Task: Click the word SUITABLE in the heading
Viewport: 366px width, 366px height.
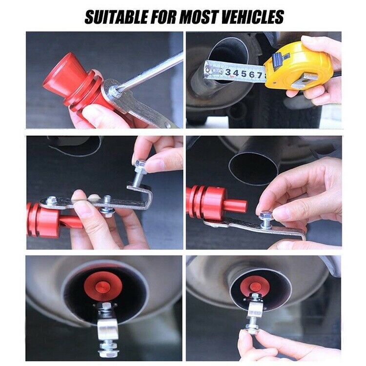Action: pyautogui.click(x=114, y=17)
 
